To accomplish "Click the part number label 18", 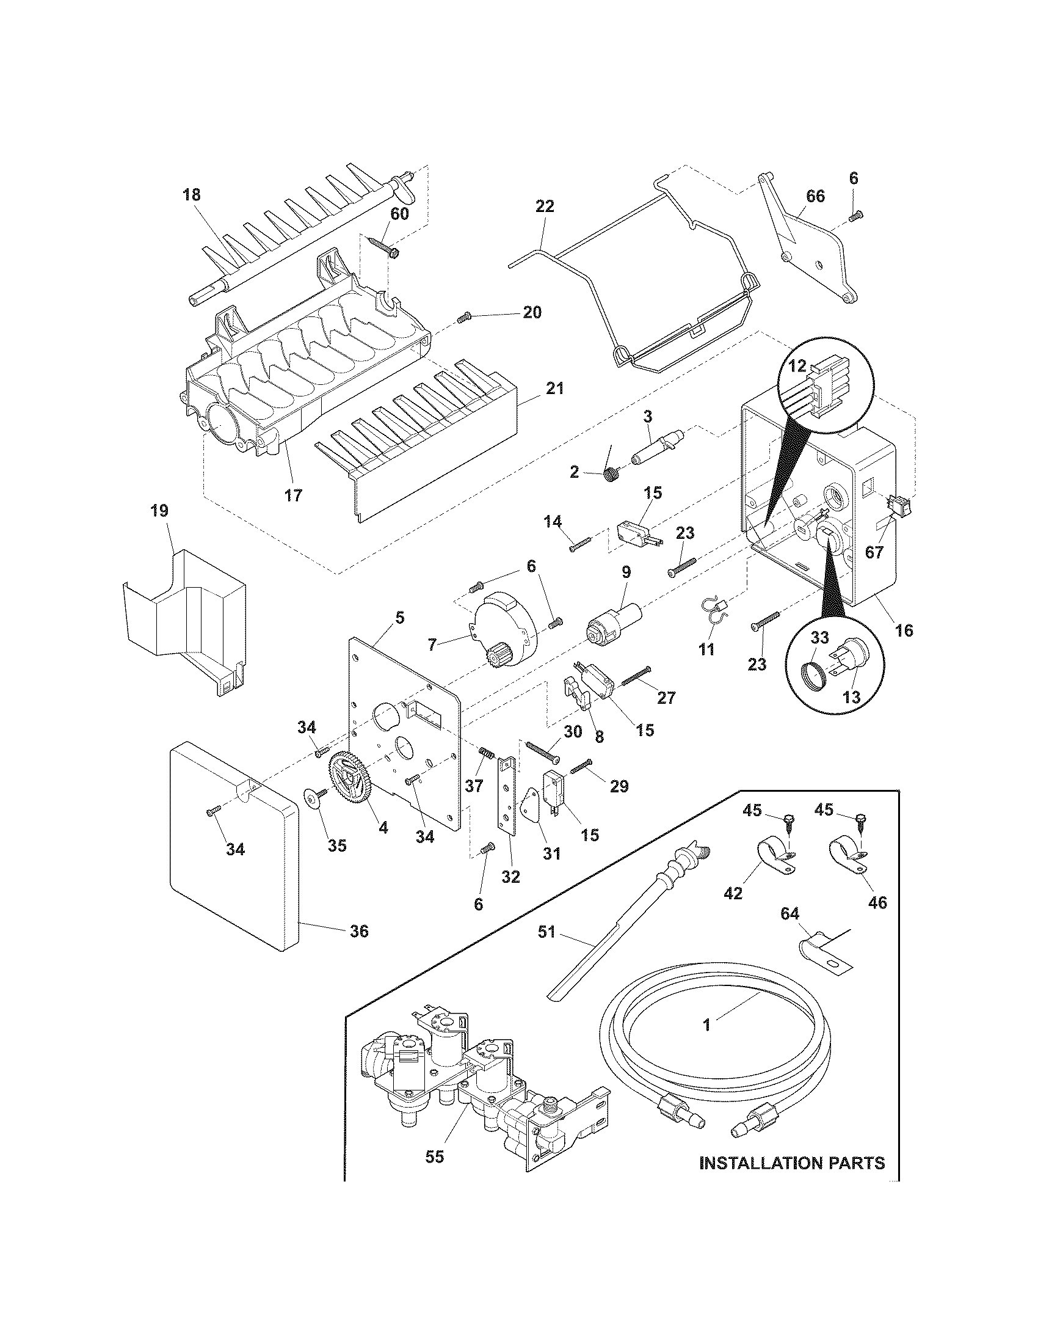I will [x=192, y=195].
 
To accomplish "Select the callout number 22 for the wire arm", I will [x=545, y=206].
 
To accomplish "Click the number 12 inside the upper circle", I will [x=797, y=366].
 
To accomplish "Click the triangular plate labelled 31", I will [x=529, y=813].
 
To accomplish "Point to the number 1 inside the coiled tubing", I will [x=707, y=1024].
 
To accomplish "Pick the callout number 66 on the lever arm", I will [x=815, y=196].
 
